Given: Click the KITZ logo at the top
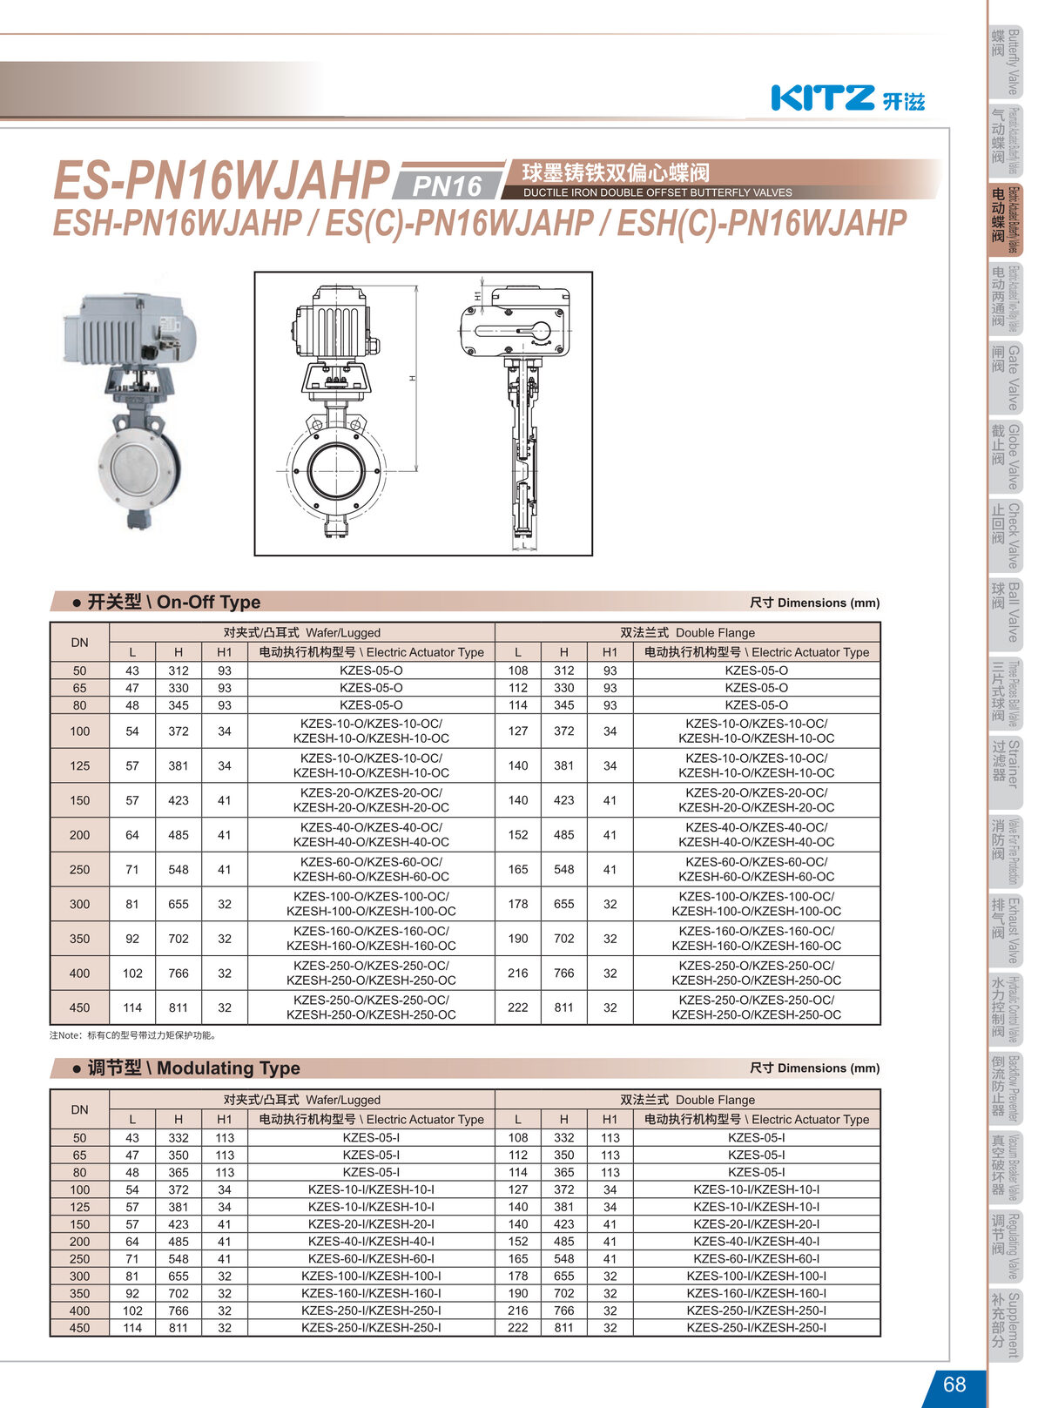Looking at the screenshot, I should coord(823,98).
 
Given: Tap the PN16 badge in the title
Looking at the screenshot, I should coord(447,185).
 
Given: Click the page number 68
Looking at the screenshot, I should coord(954,1384).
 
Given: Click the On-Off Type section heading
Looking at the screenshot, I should coord(173,602).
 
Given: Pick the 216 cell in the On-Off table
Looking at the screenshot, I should coord(517,973).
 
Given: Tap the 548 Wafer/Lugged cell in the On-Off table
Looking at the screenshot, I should coord(178,869).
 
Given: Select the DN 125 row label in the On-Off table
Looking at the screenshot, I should coord(79,765).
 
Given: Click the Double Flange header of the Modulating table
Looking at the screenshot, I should coord(687,1100).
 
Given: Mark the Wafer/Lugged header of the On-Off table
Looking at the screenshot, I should coord(301,632).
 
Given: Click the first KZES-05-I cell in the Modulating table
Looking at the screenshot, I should coord(371,1137).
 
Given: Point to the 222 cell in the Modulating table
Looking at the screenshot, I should coord(517,1328).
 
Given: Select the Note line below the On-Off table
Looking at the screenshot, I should coord(134,1035).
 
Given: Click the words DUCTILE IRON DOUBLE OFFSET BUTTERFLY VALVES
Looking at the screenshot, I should coord(657,192).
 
